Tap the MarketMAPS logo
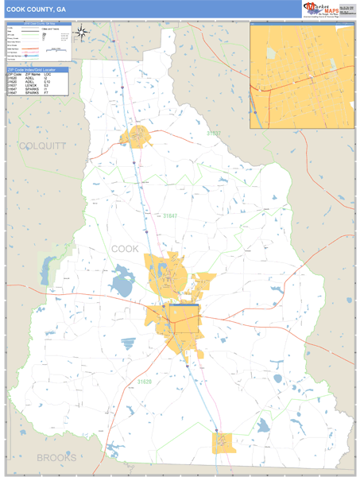(325, 9)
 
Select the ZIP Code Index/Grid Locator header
(35, 69)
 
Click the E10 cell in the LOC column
(47, 82)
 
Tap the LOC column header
(47, 74)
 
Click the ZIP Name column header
(31, 74)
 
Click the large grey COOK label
(125, 249)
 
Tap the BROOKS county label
(56, 459)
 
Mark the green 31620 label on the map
(145, 382)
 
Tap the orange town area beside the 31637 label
(136, 136)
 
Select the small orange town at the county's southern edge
(224, 442)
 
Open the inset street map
(301, 76)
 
